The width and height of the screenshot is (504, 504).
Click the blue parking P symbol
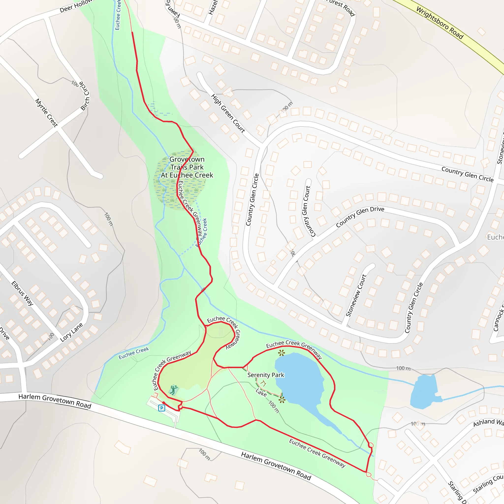tap(161, 408)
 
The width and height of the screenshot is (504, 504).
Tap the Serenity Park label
tap(266, 375)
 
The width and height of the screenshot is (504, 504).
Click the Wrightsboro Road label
tap(440, 23)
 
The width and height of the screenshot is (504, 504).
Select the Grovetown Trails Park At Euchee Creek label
tap(187, 167)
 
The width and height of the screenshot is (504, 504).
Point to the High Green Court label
tap(228, 113)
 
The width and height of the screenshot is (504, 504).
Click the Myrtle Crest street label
tap(47, 113)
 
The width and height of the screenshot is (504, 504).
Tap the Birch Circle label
tap(85, 96)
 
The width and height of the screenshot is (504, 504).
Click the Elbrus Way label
tap(22, 294)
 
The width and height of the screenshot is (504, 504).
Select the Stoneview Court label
tap(356, 296)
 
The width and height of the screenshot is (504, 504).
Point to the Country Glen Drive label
tap(360, 217)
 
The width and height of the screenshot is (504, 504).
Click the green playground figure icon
tap(173, 390)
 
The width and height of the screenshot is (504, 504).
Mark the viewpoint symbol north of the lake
tap(281, 353)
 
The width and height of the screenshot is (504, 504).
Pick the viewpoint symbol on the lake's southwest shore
tap(282, 400)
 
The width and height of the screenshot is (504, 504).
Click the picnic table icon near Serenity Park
tap(263, 384)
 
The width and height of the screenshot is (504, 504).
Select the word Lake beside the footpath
tap(261, 392)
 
